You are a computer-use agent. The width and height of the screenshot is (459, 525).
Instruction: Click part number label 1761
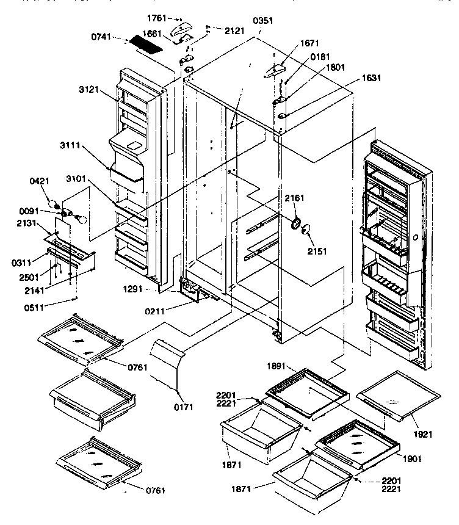tap(156, 19)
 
